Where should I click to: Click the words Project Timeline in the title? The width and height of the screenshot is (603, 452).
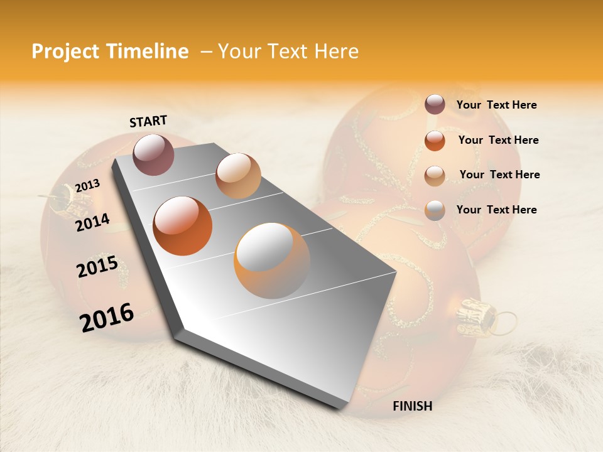tap(110, 51)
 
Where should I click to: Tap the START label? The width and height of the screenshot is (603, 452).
tap(148, 121)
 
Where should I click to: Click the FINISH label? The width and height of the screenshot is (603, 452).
tap(413, 406)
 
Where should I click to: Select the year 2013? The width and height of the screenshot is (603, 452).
tap(88, 186)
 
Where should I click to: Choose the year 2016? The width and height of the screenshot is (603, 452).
tap(107, 317)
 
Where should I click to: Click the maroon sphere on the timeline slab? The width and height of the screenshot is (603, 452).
tap(153, 154)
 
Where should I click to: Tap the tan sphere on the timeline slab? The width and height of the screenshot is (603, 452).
tap(238, 176)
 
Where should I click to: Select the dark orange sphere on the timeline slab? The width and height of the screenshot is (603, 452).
tap(183, 226)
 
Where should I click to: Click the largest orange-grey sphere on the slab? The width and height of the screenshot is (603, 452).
tap(272, 261)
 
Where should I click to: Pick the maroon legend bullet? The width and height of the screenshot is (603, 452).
tap(435, 105)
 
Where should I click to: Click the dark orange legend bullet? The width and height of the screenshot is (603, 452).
tap(435, 141)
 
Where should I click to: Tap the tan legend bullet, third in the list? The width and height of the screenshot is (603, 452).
tap(435, 176)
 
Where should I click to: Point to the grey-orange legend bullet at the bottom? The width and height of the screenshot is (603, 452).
tap(435, 210)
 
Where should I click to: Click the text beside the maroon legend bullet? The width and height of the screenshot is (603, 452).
tap(496, 105)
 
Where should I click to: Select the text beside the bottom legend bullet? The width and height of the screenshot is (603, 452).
tap(496, 210)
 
